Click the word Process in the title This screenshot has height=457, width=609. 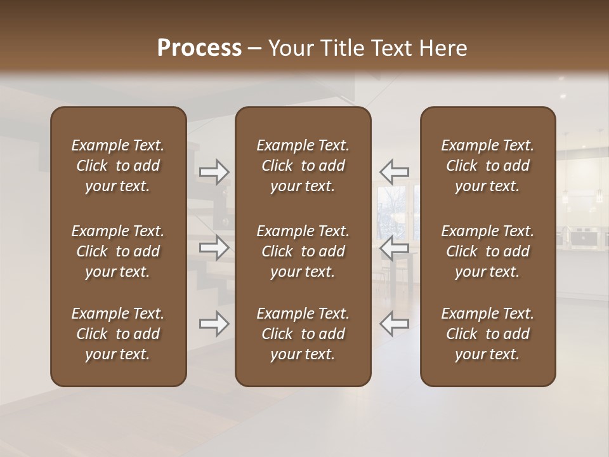(x=199, y=48)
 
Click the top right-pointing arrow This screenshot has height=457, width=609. (x=214, y=172)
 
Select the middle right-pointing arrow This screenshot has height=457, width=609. (x=214, y=248)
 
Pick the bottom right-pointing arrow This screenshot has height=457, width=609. (x=214, y=324)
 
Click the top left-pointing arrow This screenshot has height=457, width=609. (x=394, y=172)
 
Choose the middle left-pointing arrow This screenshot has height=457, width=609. (x=394, y=248)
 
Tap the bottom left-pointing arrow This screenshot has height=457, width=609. (x=394, y=324)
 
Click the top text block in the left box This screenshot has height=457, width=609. (x=118, y=166)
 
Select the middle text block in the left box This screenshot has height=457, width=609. (x=118, y=251)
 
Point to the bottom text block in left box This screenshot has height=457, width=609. (x=118, y=334)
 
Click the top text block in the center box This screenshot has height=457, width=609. (x=303, y=166)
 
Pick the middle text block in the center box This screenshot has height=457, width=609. (x=303, y=251)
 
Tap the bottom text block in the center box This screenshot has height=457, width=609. (x=303, y=334)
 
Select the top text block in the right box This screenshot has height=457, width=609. (x=488, y=166)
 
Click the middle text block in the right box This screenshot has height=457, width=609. (x=488, y=251)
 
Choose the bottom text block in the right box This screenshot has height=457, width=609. (x=488, y=334)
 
